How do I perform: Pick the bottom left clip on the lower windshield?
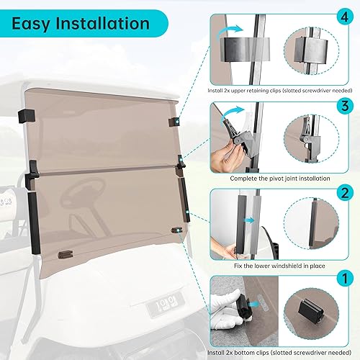point(65,253)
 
